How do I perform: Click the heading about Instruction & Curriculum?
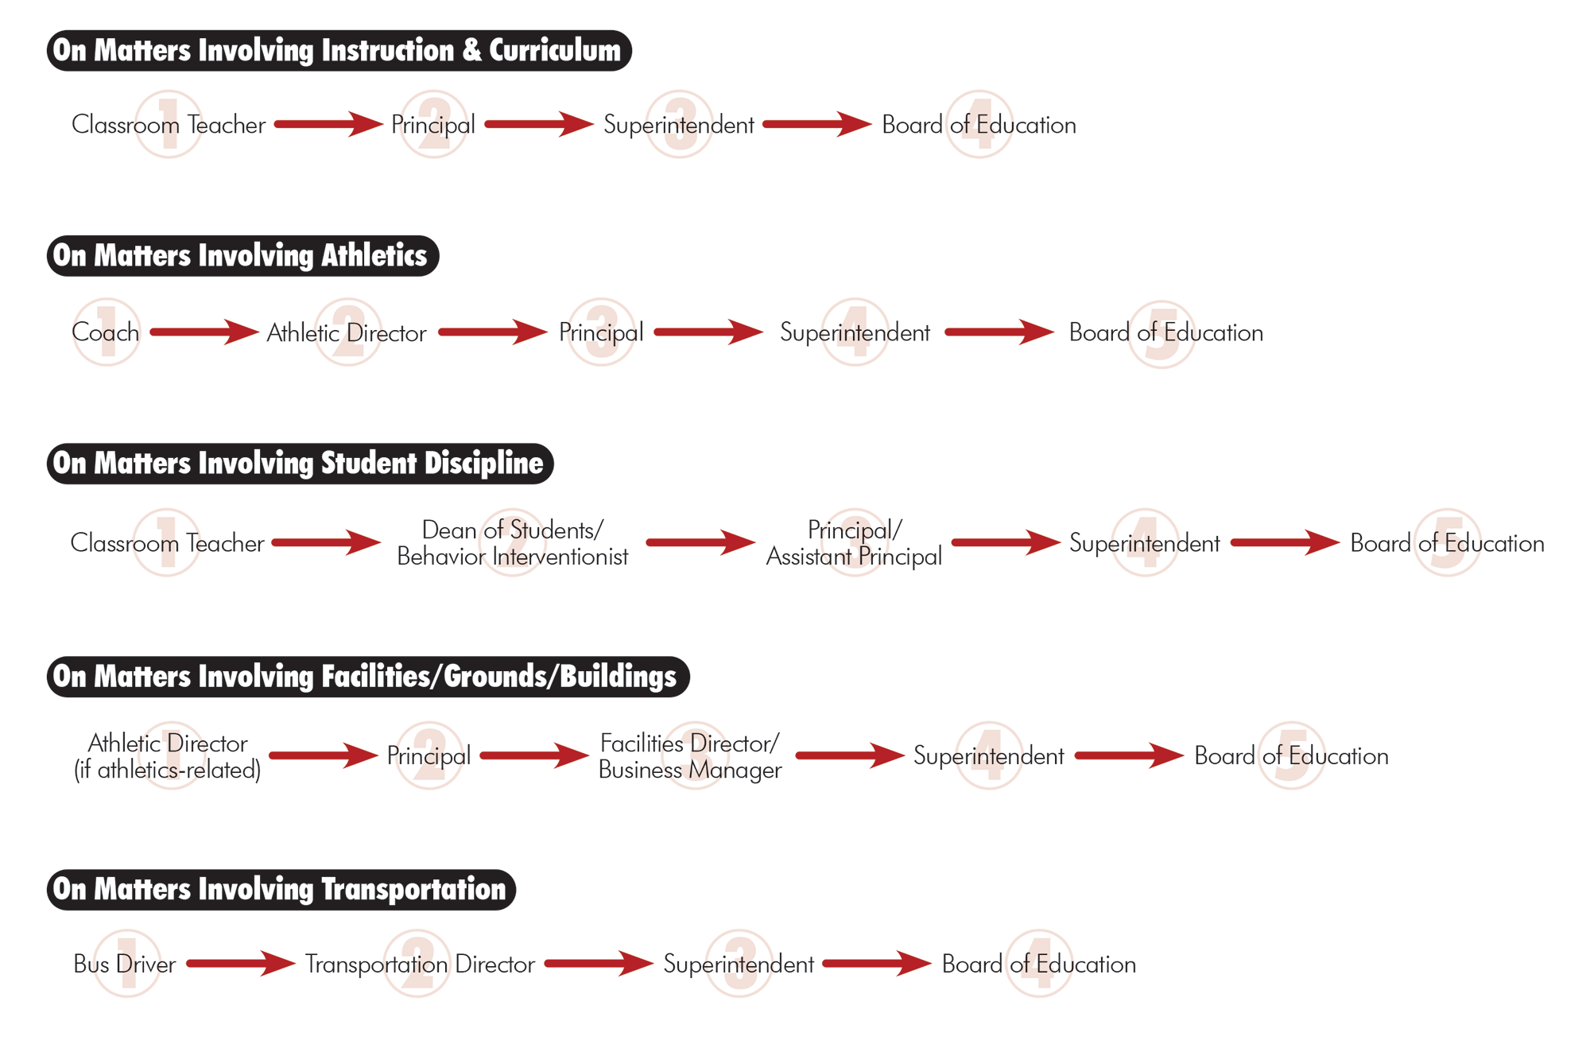[x=339, y=51]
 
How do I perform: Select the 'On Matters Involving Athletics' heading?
[x=242, y=256]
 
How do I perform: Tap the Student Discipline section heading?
[x=300, y=464]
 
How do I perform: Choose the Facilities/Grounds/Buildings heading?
[x=368, y=677]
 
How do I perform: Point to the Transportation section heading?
[x=281, y=890]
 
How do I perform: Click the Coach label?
[x=106, y=332]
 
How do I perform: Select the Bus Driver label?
[x=125, y=964]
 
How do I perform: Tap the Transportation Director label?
[x=420, y=964]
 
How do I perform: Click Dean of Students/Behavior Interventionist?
[x=513, y=543]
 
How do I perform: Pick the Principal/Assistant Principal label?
[x=854, y=543]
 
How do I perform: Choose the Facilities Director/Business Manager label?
[x=690, y=756]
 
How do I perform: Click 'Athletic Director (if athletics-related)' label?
[x=168, y=756]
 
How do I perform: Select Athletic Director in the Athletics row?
[x=347, y=332]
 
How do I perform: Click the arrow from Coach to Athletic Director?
[x=204, y=332]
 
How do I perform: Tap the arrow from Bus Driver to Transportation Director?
[x=241, y=963]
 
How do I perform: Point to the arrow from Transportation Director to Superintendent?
[x=599, y=963]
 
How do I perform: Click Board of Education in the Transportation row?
[x=1039, y=964]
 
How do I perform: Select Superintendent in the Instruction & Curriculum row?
[x=679, y=125]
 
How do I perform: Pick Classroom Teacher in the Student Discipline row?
[x=168, y=543]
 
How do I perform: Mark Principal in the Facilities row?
[x=429, y=756]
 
